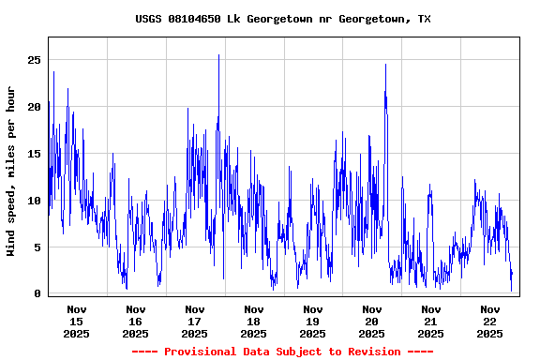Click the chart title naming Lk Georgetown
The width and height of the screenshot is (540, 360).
[283, 19]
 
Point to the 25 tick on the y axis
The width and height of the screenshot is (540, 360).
[35, 60]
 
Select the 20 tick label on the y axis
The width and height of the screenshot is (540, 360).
[35, 107]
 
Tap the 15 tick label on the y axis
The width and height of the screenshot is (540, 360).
[35, 154]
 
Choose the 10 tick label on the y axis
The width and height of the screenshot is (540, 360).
[35, 201]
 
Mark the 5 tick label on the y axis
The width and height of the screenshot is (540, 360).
[38, 247]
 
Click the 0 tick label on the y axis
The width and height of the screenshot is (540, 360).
[38, 294]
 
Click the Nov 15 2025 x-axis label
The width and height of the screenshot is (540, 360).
[77, 321]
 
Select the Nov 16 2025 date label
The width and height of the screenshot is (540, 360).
[136, 321]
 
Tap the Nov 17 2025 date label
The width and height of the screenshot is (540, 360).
[195, 321]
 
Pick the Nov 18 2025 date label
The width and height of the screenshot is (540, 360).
[254, 321]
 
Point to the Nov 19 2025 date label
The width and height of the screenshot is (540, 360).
[313, 321]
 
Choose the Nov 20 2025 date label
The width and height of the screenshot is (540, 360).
[372, 321]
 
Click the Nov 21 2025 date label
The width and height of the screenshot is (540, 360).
[431, 321]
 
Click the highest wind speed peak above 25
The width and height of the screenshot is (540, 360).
[218, 55]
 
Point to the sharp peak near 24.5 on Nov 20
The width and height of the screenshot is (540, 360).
[385, 65]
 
